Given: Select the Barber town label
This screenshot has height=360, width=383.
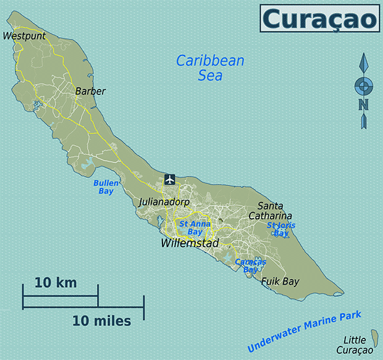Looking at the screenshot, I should tap(90, 91).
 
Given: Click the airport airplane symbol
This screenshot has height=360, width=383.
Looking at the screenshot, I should tap(170, 180).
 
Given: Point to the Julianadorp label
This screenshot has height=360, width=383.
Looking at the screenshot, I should tap(164, 202).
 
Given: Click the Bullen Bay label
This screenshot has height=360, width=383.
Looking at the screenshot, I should tap(106, 187).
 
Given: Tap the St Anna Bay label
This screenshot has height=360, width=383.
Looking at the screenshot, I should tap(190, 228).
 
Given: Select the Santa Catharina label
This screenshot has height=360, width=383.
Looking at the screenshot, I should tap(271, 211).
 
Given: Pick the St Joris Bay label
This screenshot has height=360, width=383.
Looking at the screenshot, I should tap(281, 229).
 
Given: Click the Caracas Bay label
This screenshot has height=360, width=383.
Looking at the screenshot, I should tap(250, 266).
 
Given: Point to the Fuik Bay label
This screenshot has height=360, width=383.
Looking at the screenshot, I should tap(280, 282).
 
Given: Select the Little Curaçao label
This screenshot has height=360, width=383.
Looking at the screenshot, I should tap(358, 345).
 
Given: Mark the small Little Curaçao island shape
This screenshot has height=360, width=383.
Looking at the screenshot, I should tap(373, 337).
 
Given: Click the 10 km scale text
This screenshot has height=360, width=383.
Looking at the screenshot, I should tap(56, 283).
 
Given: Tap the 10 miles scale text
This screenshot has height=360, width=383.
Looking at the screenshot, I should tap(101, 321).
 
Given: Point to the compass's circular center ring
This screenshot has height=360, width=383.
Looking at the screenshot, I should tap(364, 85).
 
